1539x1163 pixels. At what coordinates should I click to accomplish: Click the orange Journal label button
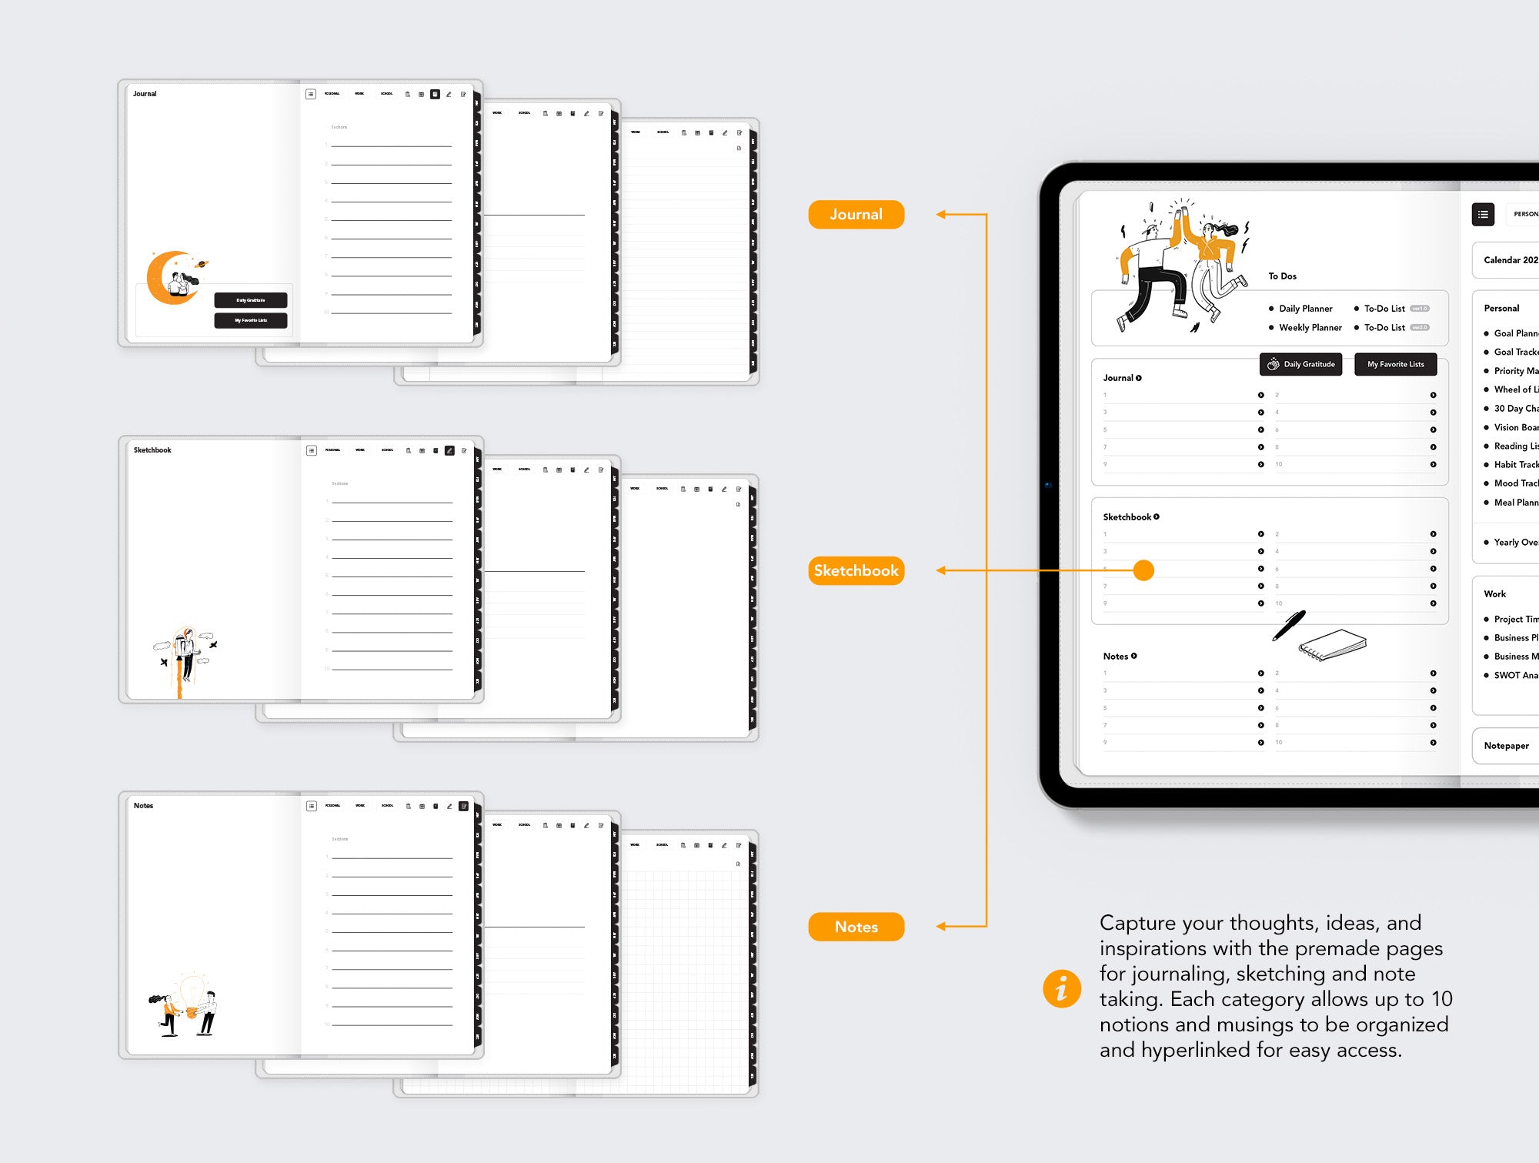coord(856,215)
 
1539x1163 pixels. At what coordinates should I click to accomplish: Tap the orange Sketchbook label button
coord(856,570)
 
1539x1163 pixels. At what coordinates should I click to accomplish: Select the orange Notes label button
coord(856,927)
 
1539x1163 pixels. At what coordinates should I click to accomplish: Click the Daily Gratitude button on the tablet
coord(1300,364)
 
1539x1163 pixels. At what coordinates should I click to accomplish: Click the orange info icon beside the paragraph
coord(1061,988)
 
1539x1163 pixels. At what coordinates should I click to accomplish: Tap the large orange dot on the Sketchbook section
coord(1143,570)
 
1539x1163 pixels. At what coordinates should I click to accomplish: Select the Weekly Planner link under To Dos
coord(1310,328)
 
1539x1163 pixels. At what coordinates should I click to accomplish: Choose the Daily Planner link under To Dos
coord(1305,309)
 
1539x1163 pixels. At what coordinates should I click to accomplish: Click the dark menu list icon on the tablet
coord(1483,214)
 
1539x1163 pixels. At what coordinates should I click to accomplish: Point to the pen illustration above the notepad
coord(1289,626)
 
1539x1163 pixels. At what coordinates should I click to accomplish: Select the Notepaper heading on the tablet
coord(1506,746)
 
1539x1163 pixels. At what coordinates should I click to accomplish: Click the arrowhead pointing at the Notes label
coord(941,927)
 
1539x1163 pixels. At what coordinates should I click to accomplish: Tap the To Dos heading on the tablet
coord(1282,276)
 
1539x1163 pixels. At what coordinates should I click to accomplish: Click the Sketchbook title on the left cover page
coord(152,450)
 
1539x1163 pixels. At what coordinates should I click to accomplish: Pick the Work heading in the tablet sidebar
coord(1494,594)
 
